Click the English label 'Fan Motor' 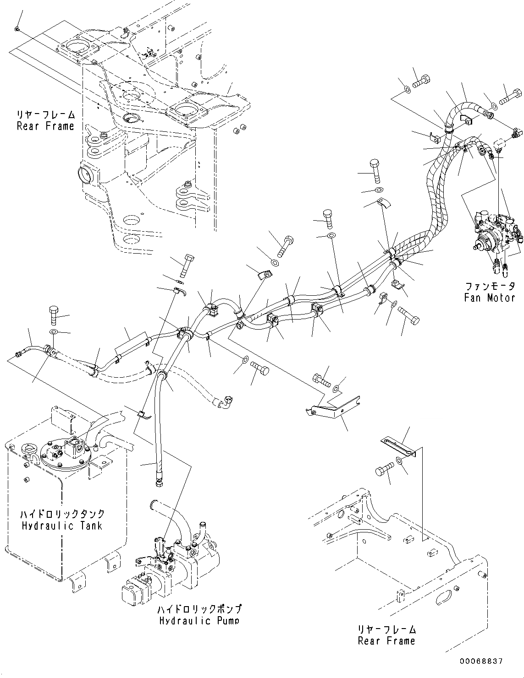pyautogui.click(x=489, y=298)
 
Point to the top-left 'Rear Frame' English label pyautogui.click(x=45, y=126)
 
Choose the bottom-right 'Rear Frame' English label pyautogui.click(x=386, y=640)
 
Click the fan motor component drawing pyautogui.click(x=497, y=233)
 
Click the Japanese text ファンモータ pyautogui.click(x=490, y=287)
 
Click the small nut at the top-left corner pyautogui.click(x=17, y=29)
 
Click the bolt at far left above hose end pyautogui.click(x=53, y=315)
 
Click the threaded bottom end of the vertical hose pyautogui.click(x=158, y=483)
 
